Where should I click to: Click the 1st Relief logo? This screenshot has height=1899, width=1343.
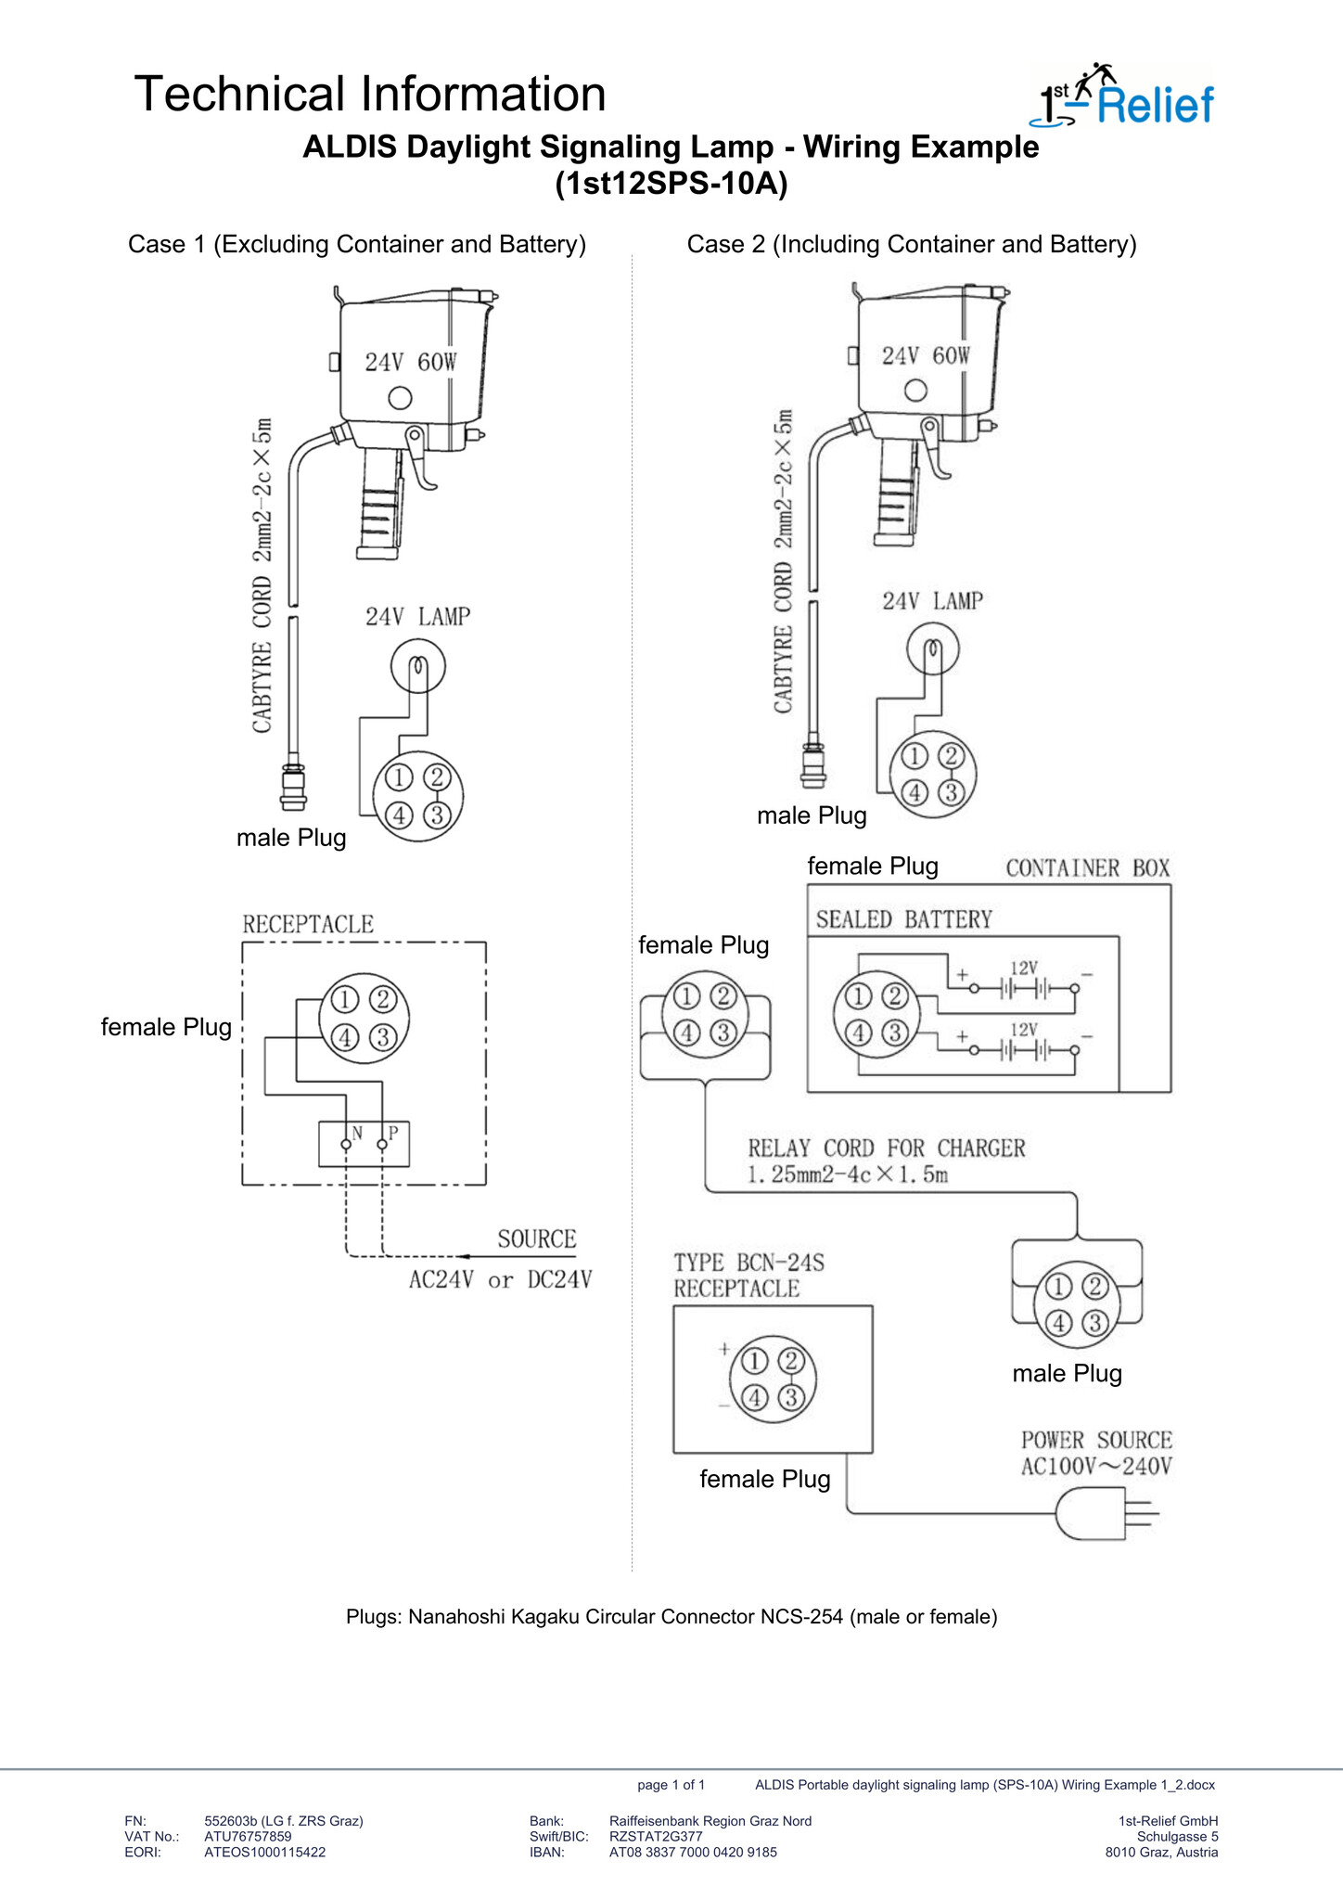coord(1122,96)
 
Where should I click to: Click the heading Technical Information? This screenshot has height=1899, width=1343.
coord(370,95)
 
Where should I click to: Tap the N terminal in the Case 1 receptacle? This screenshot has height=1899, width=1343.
coord(346,1145)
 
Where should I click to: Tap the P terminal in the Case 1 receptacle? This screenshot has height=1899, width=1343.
coord(382,1145)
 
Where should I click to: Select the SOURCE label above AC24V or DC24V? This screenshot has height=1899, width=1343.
coord(537,1239)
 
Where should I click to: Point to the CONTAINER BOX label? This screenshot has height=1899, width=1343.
coord(1088,868)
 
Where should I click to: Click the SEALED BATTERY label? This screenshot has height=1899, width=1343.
coord(904,919)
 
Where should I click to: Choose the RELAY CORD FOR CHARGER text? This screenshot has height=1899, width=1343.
coord(887,1148)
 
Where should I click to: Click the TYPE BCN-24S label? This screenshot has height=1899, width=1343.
coord(748,1263)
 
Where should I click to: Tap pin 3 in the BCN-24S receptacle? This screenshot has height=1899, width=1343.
coord(791,1397)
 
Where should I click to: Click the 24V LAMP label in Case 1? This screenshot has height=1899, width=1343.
coord(417,617)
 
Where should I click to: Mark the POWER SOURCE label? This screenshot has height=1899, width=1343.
coord(1096,1441)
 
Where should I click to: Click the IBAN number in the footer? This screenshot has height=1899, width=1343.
coord(693,1853)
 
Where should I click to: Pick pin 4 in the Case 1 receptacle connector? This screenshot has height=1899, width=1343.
coord(345,1037)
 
